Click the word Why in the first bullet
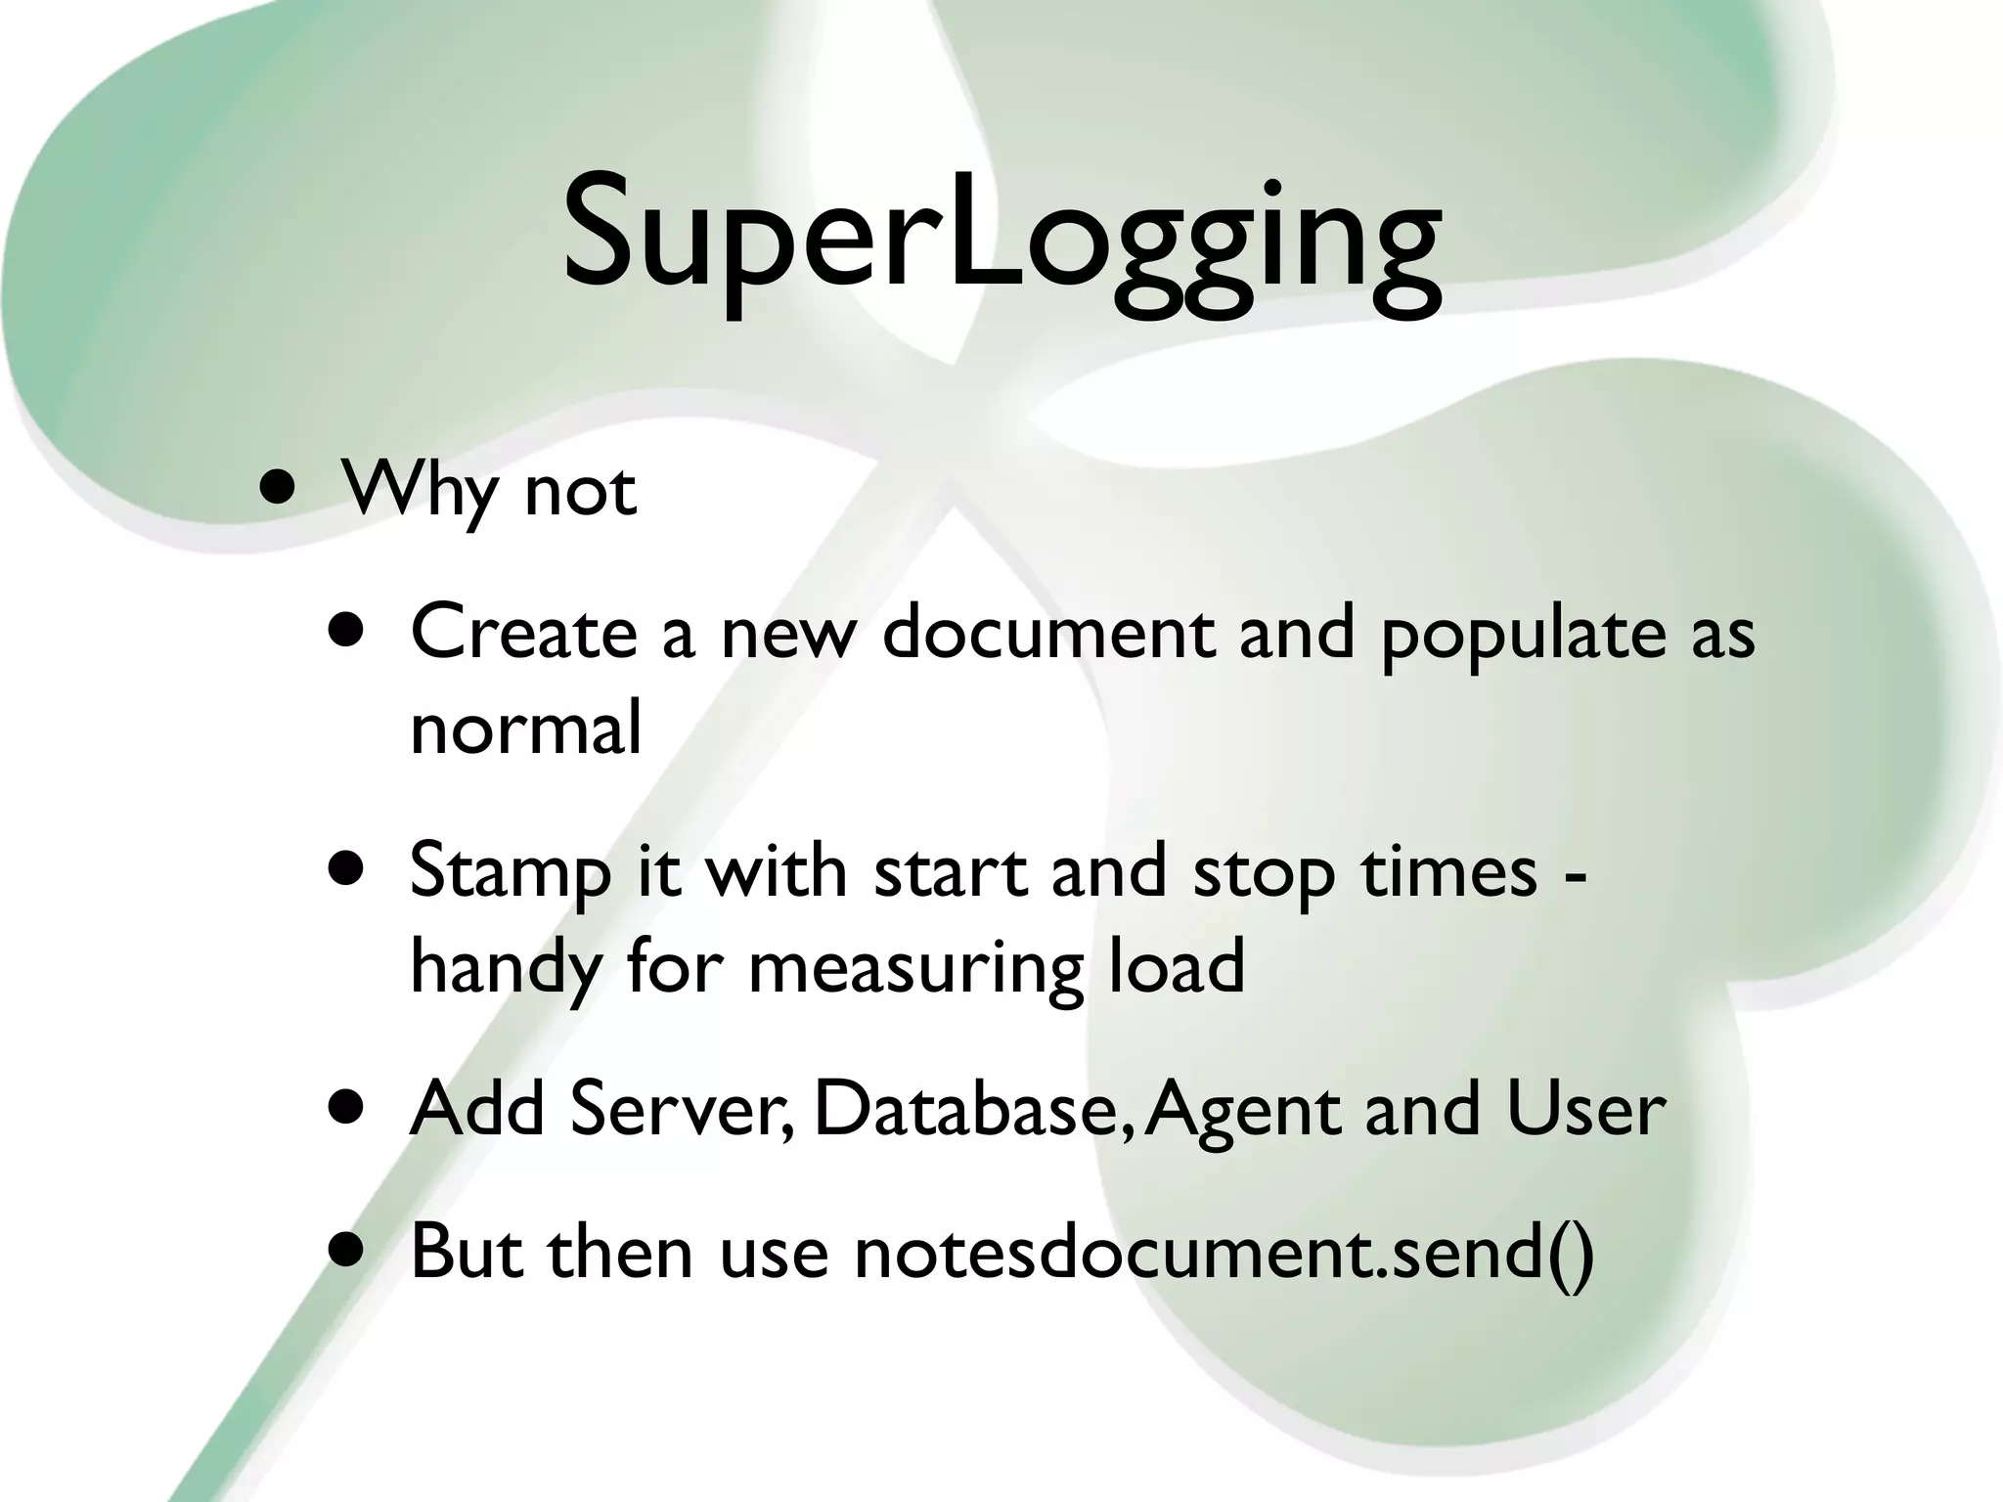[x=420, y=489]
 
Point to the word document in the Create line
[x=1047, y=631]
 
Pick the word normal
[x=526, y=729]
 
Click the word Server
[x=682, y=1110]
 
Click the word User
[x=1585, y=1110]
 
